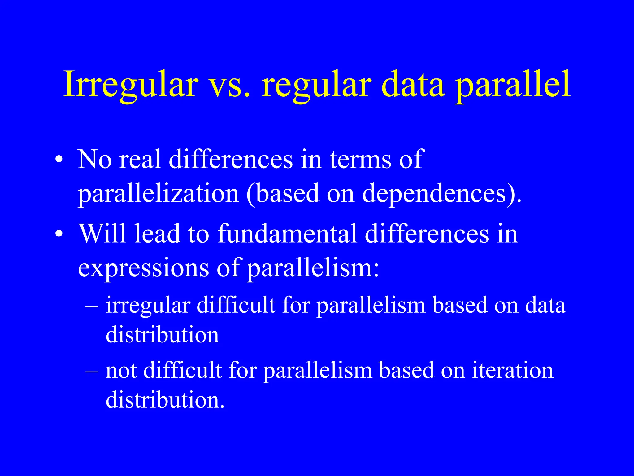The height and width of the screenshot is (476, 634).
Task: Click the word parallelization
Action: click(x=158, y=194)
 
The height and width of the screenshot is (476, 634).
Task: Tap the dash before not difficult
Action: click(x=92, y=371)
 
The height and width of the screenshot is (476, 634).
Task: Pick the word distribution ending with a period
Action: click(x=164, y=399)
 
